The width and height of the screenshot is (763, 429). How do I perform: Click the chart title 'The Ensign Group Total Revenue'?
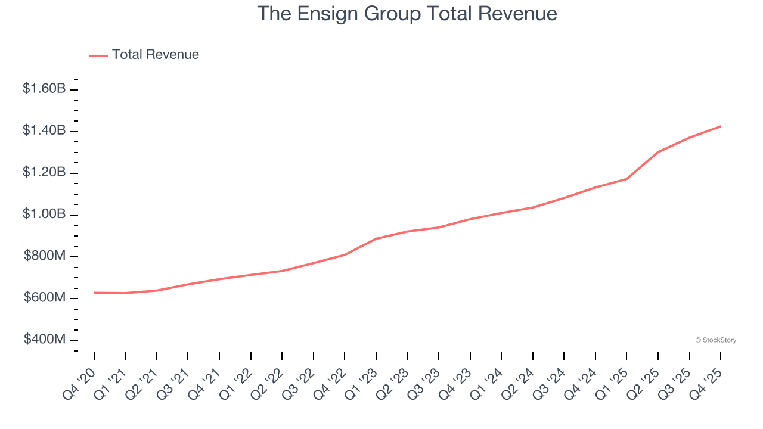(x=407, y=14)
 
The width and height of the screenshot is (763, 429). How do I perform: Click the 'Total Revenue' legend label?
(x=155, y=55)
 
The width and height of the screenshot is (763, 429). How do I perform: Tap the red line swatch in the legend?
(x=98, y=55)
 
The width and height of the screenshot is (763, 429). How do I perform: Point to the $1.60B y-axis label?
(x=44, y=89)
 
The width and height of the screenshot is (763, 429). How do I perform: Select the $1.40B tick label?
(x=44, y=130)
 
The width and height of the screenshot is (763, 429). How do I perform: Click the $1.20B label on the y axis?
(x=44, y=172)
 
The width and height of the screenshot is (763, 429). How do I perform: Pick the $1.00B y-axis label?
(x=44, y=214)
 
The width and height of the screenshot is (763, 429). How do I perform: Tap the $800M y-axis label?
(x=45, y=256)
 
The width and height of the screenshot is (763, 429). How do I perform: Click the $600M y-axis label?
(x=45, y=298)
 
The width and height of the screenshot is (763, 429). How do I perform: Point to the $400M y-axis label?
(x=45, y=340)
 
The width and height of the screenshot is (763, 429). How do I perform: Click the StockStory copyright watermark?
(x=715, y=340)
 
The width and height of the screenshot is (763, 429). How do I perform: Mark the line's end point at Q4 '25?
(x=721, y=126)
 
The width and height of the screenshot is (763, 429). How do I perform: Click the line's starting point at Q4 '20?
(x=94, y=293)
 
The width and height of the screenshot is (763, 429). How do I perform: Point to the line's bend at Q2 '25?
(x=658, y=152)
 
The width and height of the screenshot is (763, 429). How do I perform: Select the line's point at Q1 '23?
(x=376, y=238)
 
